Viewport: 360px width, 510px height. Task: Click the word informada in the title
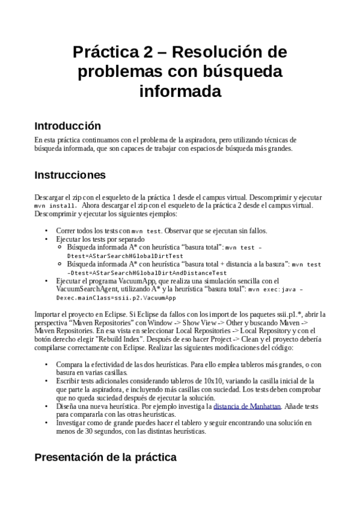pyautogui.click(x=180, y=92)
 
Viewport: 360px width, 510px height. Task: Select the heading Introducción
pyautogui.click(x=67, y=126)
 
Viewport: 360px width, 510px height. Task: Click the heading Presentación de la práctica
pyautogui.click(x=105, y=458)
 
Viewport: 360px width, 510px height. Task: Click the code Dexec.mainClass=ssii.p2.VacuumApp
pyautogui.click(x=116, y=298)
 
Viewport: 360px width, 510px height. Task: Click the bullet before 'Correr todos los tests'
pyautogui.click(x=47, y=231)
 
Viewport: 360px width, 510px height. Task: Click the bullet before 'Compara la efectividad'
pyautogui.click(x=47, y=364)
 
